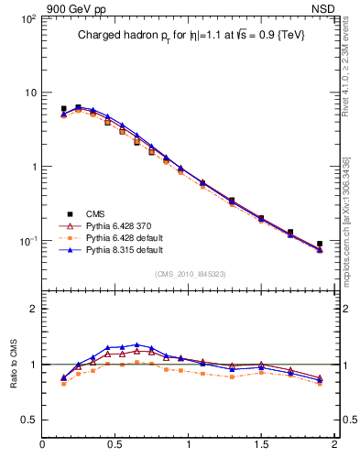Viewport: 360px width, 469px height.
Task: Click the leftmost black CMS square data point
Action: tap(63, 109)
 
